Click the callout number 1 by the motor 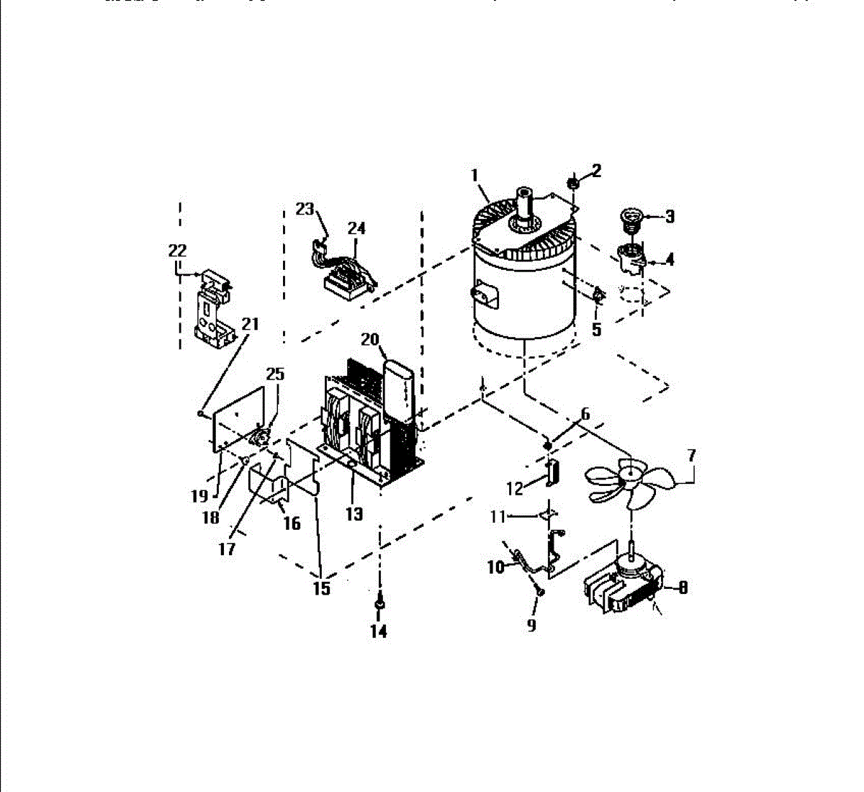click(x=475, y=175)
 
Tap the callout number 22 click(x=177, y=251)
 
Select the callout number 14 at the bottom click(x=378, y=631)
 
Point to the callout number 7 click(x=691, y=455)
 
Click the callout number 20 click(x=369, y=339)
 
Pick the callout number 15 click(x=322, y=588)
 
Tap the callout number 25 click(x=275, y=374)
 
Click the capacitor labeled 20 click(x=400, y=389)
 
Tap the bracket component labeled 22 click(x=214, y=306)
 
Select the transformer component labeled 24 click(x=346, y=277)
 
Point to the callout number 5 click(x=596, y=330)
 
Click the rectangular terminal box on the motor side click(x=483, y=297)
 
